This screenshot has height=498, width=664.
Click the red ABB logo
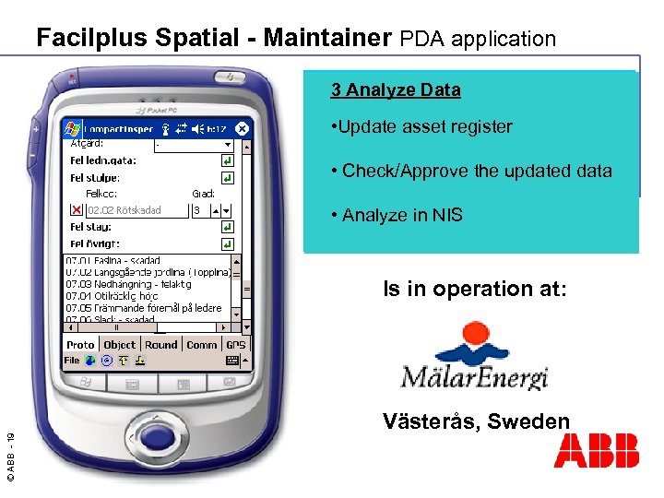click(596, 452)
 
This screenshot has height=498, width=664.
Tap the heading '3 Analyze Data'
click(396, 90)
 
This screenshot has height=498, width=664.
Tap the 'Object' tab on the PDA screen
click(120, 345)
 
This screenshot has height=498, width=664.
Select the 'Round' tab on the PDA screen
click(160, 345)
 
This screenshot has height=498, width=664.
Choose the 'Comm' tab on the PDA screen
click(201, 345)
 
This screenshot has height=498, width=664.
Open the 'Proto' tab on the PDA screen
click(80, 345)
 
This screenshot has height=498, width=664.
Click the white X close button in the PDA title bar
click(242, 129)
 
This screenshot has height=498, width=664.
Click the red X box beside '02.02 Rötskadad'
click(77, 210)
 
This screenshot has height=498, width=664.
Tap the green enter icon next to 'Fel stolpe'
click(227, 178)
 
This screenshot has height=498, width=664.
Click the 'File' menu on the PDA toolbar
click(72, 361)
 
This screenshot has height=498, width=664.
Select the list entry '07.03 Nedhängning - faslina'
click(129, 284)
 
